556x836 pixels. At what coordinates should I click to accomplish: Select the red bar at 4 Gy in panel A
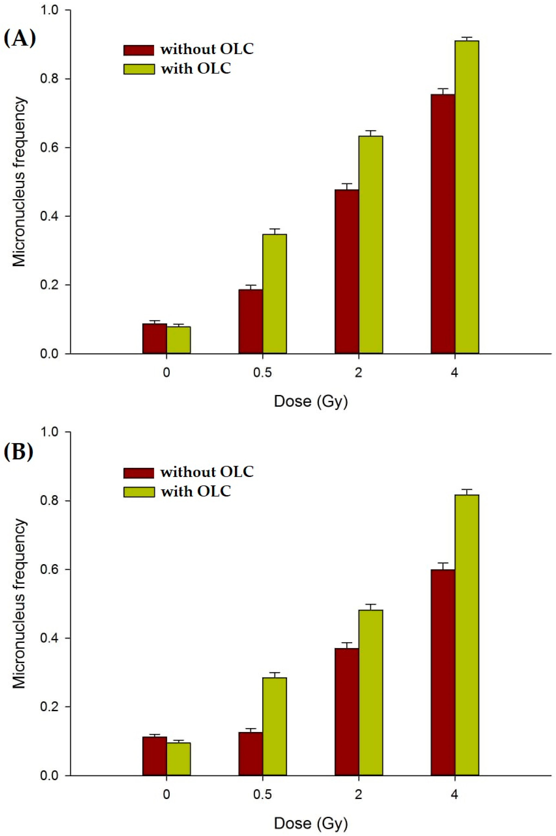(443, 223)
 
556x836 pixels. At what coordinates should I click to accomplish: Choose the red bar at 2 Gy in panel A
(347, 271)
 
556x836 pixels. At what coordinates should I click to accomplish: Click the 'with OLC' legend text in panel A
(196, 68)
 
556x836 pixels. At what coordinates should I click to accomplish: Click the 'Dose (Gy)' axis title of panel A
(311, 402)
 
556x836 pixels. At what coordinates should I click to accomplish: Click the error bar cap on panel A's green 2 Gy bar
(371, 131)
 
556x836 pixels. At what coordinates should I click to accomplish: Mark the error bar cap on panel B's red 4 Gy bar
(443, 562)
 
